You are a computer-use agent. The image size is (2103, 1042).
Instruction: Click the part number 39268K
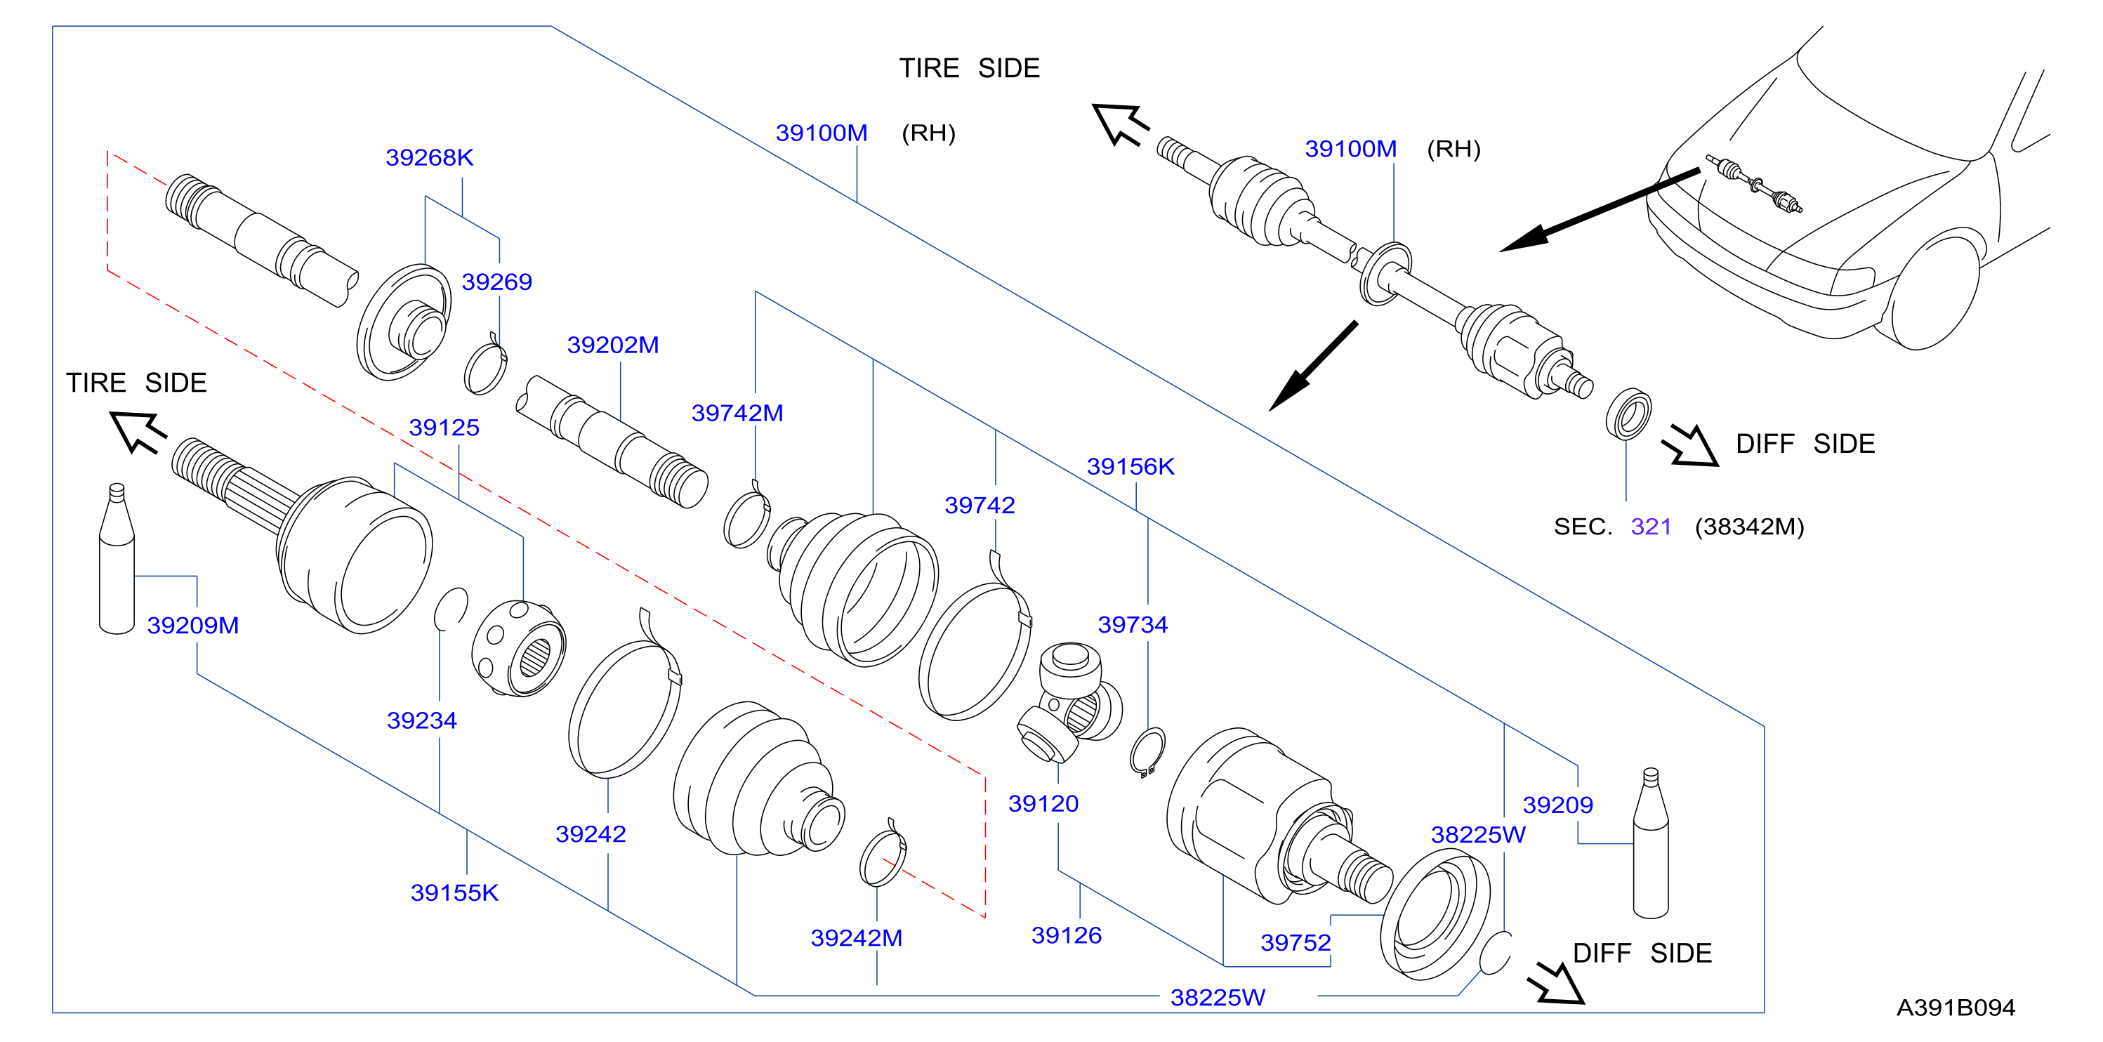(430, 157)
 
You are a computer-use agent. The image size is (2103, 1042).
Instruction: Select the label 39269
(496, 282)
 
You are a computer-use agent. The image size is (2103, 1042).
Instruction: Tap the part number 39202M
(613, 345)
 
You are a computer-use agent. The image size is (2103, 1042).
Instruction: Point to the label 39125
(444, 427)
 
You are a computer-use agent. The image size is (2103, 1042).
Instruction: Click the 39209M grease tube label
(192, 625)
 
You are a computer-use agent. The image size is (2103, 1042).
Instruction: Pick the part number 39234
(421, 720)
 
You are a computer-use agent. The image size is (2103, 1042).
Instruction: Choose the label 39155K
(454, 892)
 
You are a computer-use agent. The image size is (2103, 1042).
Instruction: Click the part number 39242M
(857, 937)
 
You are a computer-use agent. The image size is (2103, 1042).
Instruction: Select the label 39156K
(1130, 466)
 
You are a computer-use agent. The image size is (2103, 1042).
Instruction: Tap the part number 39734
(1133, 625)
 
